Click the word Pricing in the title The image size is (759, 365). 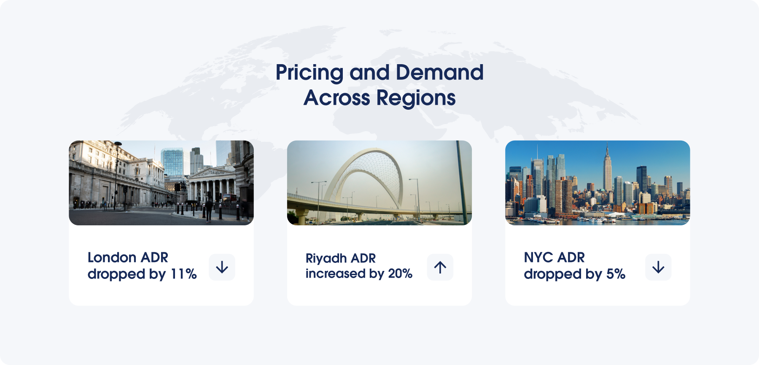pyautogui.click(x=310, y=73)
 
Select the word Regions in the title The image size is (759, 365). pyautogui.click(x=416, y=98)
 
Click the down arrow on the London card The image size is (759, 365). pyautogui.click(x=222, y=267)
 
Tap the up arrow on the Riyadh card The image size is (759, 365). pyautogui.click(x=440, y=267)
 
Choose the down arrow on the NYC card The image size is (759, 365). pyautogui.click(x=658, y=267)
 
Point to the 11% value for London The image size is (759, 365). pyautogui.click(x=183, y=274)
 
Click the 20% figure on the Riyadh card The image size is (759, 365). pyautogui.click(x=400, y=273)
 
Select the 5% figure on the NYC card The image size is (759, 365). pyautogui.click(x=616, y=274)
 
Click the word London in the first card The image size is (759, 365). pyautogui.click(x=112, y=257)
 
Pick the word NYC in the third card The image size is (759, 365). pyautogui.click(x=538, y=257)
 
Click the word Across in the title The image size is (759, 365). pyautogui.click(x=337, y=98)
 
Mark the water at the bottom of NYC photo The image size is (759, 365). pyautogui.click(x=598, y=222)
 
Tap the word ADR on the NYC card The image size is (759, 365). pyautogui.click(x=571, y=257)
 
